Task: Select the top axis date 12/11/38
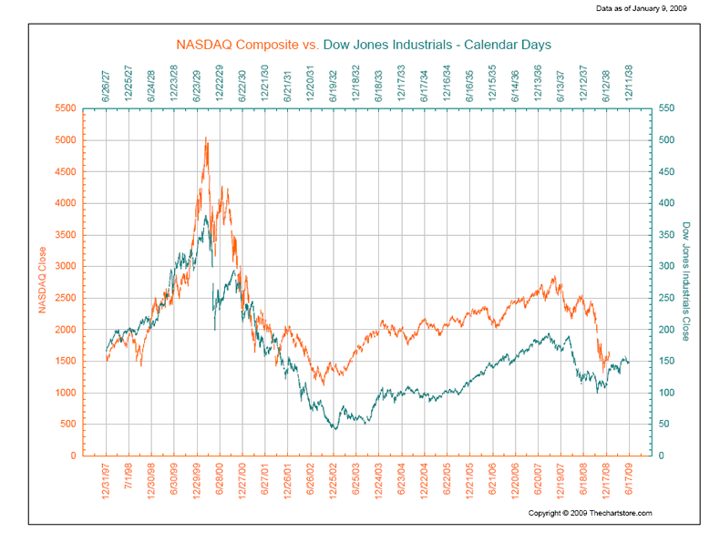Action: pos(630,80)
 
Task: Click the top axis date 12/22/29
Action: pos(220,80)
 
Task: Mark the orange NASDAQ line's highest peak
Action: pos(206,138)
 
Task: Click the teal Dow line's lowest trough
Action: pos(334,428)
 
